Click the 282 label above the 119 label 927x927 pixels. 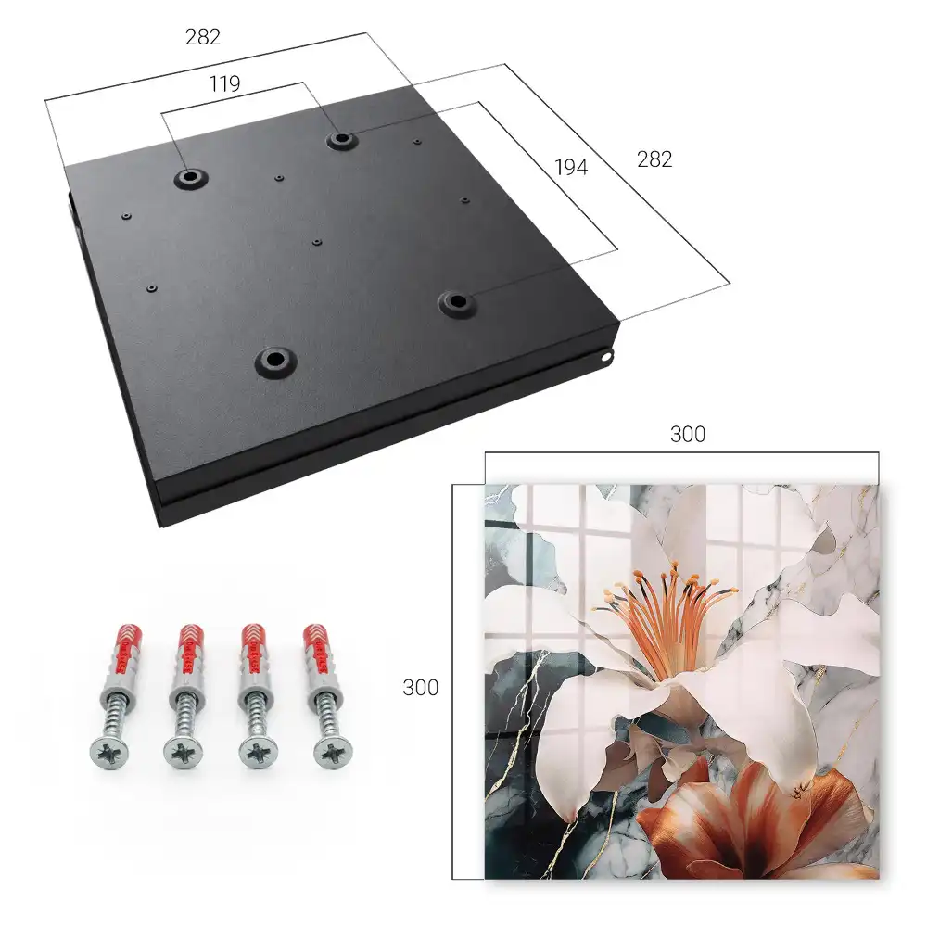[x=203, y=37]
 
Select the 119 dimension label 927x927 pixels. [x=224, y=84]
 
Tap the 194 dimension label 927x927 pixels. [x=571, y=168]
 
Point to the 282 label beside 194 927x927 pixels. [x=654, y=159]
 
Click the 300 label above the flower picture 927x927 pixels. [x=688, y=435]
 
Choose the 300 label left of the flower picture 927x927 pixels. [x=420, y=688]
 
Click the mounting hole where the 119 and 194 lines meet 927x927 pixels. [x=340, y=140]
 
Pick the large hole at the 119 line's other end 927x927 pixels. [x=190, y=177]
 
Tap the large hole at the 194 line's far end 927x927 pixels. [x=456, y=302]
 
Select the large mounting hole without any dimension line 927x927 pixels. [x=275, y=359]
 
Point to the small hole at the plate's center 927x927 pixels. [x=317, y=242]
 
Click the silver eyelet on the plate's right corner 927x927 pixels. [x=606, y=357]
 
